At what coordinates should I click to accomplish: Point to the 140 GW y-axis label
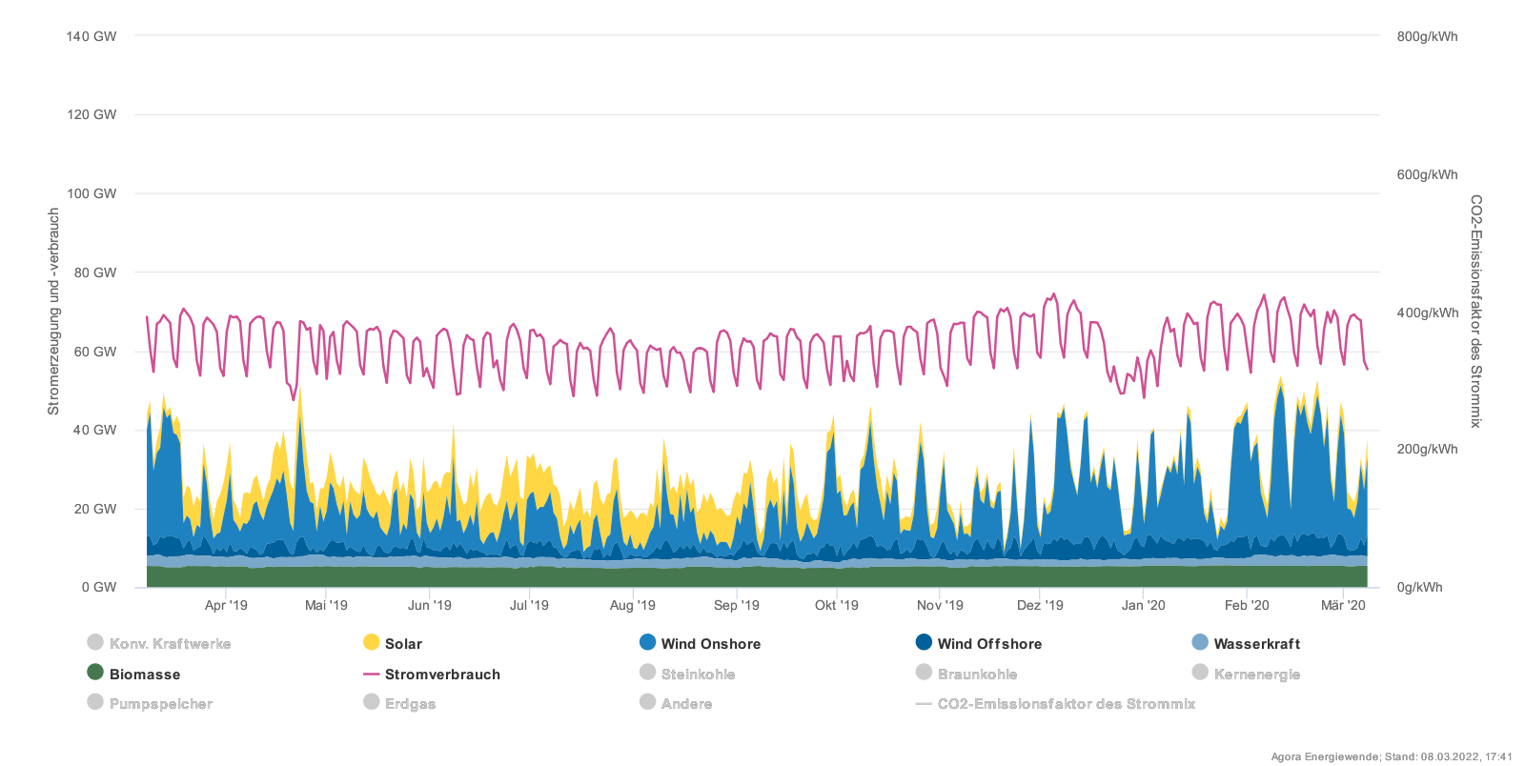pyautogui.click(x=91, y=36)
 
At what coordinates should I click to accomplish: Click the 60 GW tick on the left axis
pyautogui.click(x=95, y=352)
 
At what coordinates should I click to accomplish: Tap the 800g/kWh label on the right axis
pyautogui.click(x=1427, y=37)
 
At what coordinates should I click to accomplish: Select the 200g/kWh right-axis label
pyautogui.click(x=1427, y=450)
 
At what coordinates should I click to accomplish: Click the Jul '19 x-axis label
pyautogui.click(x=529, y=605)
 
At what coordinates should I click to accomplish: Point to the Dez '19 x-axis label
pyautogui.click(x=1040, y=605)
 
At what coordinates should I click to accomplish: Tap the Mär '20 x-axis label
pyautogui.click(x=1343, y=605)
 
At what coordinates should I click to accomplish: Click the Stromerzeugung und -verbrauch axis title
pyautogui.click(x=54, y=312)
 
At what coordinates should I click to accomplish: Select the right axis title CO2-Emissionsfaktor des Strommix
pyautogui.click(x=1475, y=312)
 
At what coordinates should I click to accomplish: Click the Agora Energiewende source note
pyautogui.click(x=1391, y=756)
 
